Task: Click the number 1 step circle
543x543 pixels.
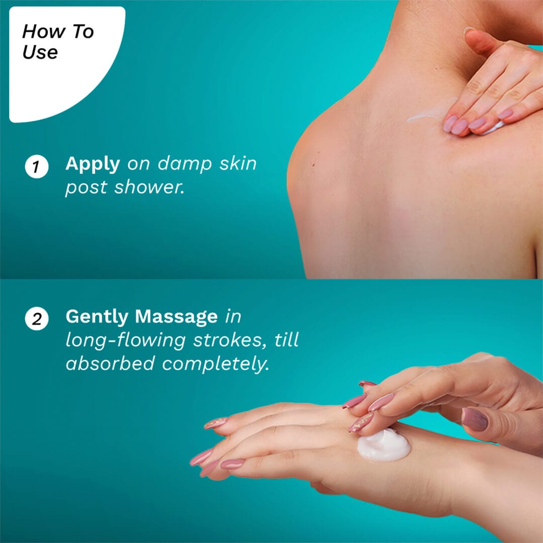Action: pos(36,166)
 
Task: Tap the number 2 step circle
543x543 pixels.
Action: pos(36,319)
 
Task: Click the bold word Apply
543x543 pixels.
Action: pos(93,164)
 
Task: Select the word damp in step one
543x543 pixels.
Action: pos(185,163)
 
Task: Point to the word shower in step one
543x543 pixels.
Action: pos(149,188)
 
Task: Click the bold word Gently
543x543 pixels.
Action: pos(97,317)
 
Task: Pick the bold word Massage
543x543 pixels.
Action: pos(176,317)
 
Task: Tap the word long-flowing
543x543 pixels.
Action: pos(126,341)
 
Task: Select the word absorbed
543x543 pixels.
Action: pos(110,364)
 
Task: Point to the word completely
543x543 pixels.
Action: pos(215,365)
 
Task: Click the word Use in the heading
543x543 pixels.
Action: pos(40,52)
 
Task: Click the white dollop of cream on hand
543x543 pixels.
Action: pos(384,445)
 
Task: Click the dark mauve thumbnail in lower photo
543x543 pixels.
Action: pos(475,419)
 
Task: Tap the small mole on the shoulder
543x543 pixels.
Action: pos(314,165)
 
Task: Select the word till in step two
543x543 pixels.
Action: pos(287,340)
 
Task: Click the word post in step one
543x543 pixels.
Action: pos(86,188)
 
